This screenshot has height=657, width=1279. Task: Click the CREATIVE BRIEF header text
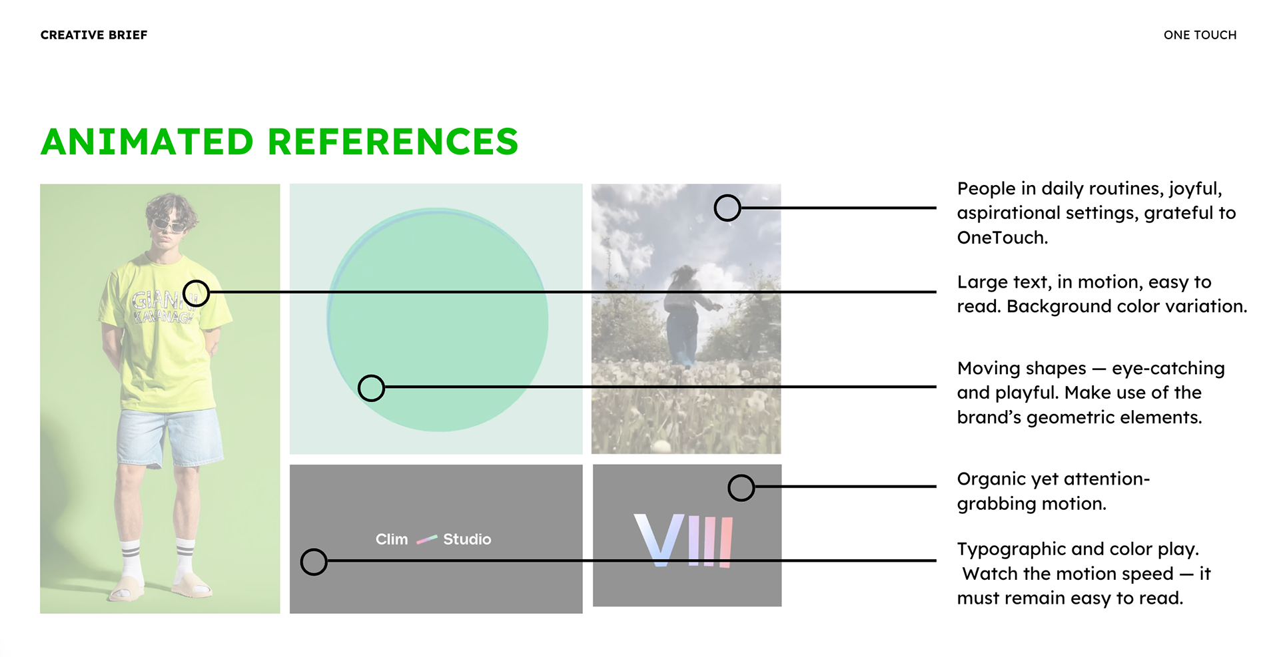94,35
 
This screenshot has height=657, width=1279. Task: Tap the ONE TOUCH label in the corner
1200,35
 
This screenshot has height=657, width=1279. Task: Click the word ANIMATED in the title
147,142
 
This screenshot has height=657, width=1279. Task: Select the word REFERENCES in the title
393,142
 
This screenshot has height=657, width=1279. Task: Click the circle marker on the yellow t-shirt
196,293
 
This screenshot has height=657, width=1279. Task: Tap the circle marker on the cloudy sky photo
727,208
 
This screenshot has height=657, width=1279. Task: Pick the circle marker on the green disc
371,388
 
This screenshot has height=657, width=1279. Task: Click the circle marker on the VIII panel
741,488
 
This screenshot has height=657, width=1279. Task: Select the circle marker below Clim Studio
314,562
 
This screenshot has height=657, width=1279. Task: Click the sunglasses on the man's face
169,225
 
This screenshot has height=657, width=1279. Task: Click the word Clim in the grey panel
392,539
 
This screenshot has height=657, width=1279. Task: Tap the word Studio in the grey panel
467,539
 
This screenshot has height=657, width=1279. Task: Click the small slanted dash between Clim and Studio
426,539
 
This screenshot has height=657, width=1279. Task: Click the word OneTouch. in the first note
1003,238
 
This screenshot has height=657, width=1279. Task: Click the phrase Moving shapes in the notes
1022,369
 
